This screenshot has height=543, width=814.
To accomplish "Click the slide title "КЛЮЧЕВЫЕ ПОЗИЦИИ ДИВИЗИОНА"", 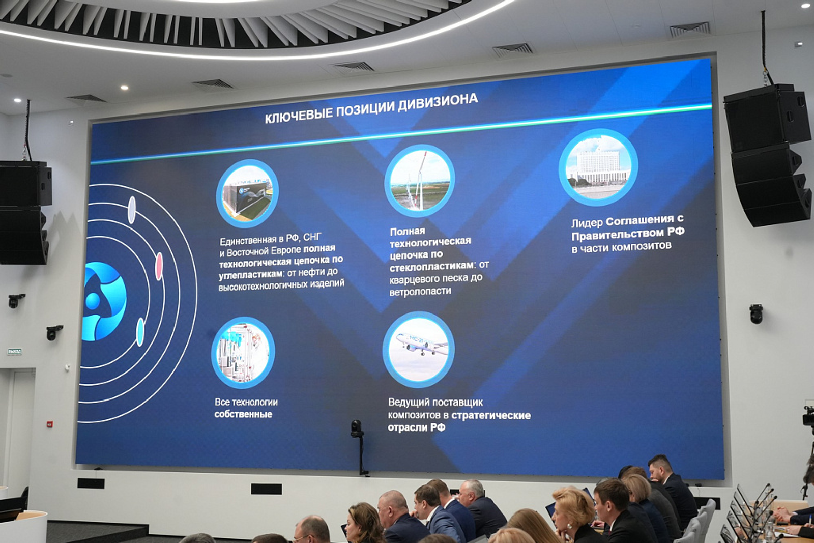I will (371, 108).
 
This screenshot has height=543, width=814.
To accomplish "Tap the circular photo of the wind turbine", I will (420, 181).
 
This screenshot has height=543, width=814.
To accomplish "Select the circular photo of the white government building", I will (598, 167).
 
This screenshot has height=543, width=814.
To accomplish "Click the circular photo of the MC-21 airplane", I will (418, 350).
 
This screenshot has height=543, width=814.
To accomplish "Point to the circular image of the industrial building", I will (247, 194).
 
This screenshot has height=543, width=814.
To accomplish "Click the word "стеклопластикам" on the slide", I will (431, 266).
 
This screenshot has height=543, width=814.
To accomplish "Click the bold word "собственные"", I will (243, 414).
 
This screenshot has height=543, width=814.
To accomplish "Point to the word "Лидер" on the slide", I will (587, 223).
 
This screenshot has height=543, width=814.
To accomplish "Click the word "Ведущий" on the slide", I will (408, 402).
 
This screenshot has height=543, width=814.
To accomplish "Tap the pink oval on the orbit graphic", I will (159, 266).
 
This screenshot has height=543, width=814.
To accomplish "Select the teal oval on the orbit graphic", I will (140, 332).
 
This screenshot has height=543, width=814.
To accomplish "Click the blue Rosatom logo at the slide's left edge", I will (102, 301).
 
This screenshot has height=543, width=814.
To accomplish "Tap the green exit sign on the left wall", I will (14, 351).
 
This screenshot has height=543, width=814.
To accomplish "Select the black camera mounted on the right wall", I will (756, 313).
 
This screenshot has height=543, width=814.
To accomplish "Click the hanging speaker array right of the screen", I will (769, 155).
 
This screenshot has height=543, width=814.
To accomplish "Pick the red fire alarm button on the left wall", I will (50, 424).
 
